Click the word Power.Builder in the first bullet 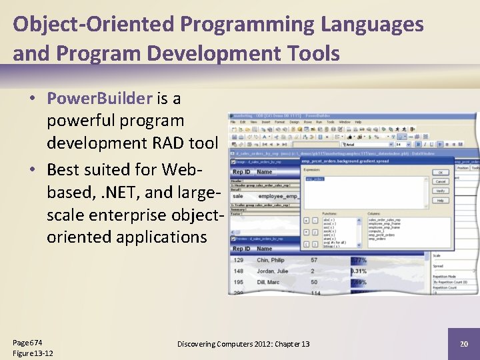[100, 99]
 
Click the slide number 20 [463, 343]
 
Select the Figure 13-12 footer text [33, 353]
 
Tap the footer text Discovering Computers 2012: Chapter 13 [243, 343]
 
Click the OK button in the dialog [440, 172]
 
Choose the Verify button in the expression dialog [440, 190]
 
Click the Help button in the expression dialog [440, 199]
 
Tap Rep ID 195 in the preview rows [239, 282]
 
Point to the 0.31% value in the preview [359, 271]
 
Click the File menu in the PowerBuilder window [233, 122]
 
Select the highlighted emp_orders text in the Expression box [316, 179]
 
